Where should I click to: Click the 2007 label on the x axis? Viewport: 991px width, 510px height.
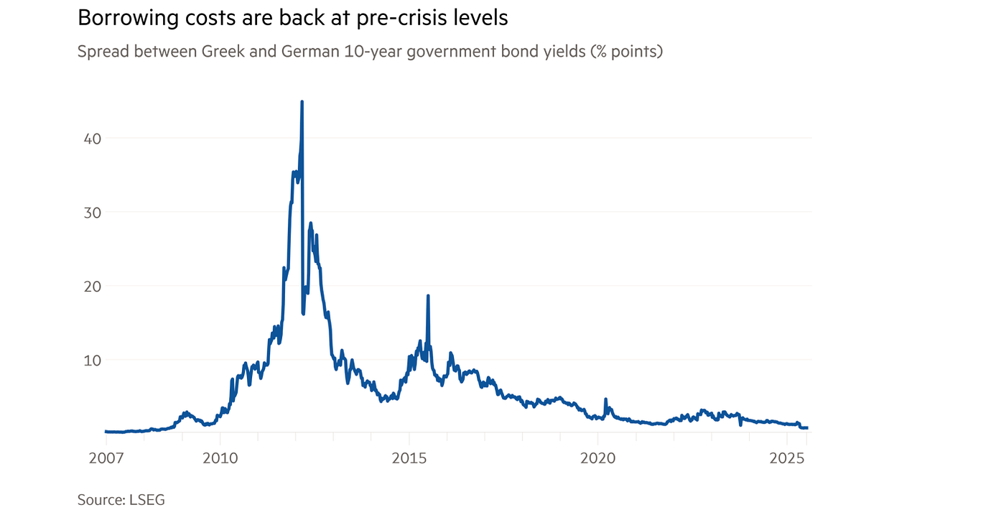click(106, 458)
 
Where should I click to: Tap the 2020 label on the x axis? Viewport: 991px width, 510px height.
click(598, 458)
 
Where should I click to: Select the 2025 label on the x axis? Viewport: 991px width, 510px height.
click(788, 458)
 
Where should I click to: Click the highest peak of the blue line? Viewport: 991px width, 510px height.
click(302, 102)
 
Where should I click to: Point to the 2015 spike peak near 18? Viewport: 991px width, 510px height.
click(428, 295)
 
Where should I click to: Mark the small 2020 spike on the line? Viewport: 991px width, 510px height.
click(605, 399)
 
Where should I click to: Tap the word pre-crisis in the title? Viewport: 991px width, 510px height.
click(391, 18)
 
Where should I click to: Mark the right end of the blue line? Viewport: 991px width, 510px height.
click(807, 427)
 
